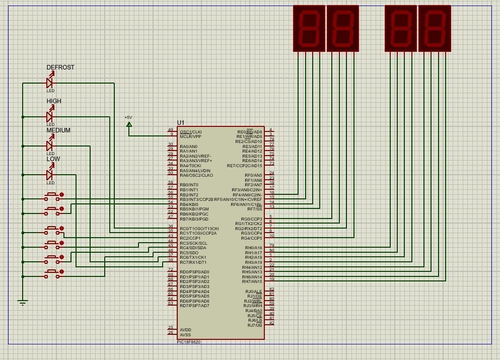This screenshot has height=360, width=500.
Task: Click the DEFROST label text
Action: (x=60, y=67)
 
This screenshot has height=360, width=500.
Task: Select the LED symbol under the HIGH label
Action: (x=50, y=117)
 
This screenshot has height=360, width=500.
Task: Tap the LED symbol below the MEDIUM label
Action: (x=50, y=146)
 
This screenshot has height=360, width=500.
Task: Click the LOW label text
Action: (x=53, y=159)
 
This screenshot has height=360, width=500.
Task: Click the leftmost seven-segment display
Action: (x=309, y=28)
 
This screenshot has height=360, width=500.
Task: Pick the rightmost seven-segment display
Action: (x=435, y=28)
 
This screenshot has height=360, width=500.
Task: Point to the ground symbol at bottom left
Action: (x=22, y=303)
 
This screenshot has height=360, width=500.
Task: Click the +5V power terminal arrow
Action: (x=129, y=124)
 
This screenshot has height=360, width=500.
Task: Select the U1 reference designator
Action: (x=181, y=123)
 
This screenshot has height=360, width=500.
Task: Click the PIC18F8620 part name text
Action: (x=189, y=342)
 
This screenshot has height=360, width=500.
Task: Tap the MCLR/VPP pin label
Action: (x=190, y=136)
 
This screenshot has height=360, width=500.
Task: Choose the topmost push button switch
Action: (x=52, y=195)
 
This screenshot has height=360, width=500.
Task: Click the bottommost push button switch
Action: (x=52, y=272)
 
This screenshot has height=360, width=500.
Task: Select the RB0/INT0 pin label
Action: (x=189, y=185)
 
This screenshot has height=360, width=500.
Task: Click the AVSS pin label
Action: (x=185, y=335)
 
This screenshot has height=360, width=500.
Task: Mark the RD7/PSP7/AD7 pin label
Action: (x=194, y=306)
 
